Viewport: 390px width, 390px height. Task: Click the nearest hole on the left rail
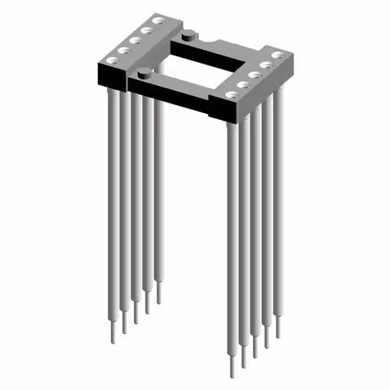coord(113,60)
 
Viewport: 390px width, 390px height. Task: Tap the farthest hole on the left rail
coord(159,21)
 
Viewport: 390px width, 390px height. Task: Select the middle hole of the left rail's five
coord(136,40)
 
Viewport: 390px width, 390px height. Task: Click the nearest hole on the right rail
coord(230,94)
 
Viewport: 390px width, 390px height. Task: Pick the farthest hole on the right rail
coord(278,55)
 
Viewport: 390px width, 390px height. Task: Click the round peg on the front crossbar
coord(143,74)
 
